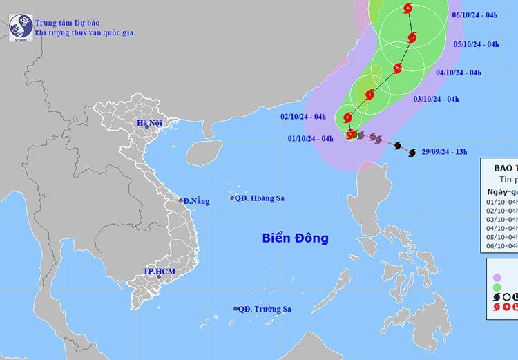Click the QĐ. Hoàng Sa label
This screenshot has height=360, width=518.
point(259,198)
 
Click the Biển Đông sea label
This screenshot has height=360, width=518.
point(295,238)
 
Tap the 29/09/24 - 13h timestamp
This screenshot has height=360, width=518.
point(444,150)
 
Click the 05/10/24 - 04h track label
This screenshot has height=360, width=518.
point(476,44)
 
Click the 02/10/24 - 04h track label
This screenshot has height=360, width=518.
point(303,117)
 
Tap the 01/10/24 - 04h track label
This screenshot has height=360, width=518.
point(310,138)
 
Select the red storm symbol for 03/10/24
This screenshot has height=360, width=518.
point(370,95)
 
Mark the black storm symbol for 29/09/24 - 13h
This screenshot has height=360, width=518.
point(410,151)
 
